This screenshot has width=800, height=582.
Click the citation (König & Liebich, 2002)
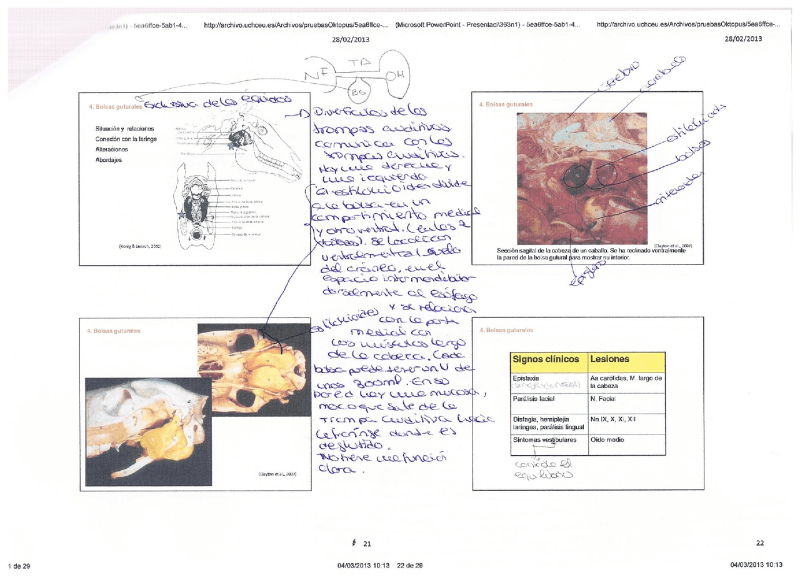click(x=140, y=246)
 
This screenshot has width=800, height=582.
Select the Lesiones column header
click(x=609, y=359)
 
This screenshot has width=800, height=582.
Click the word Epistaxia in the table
click(x=526, y=378)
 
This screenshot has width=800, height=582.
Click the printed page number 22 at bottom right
click(x=759, y=543)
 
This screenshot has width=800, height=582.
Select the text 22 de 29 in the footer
click(x=410, y=566)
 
